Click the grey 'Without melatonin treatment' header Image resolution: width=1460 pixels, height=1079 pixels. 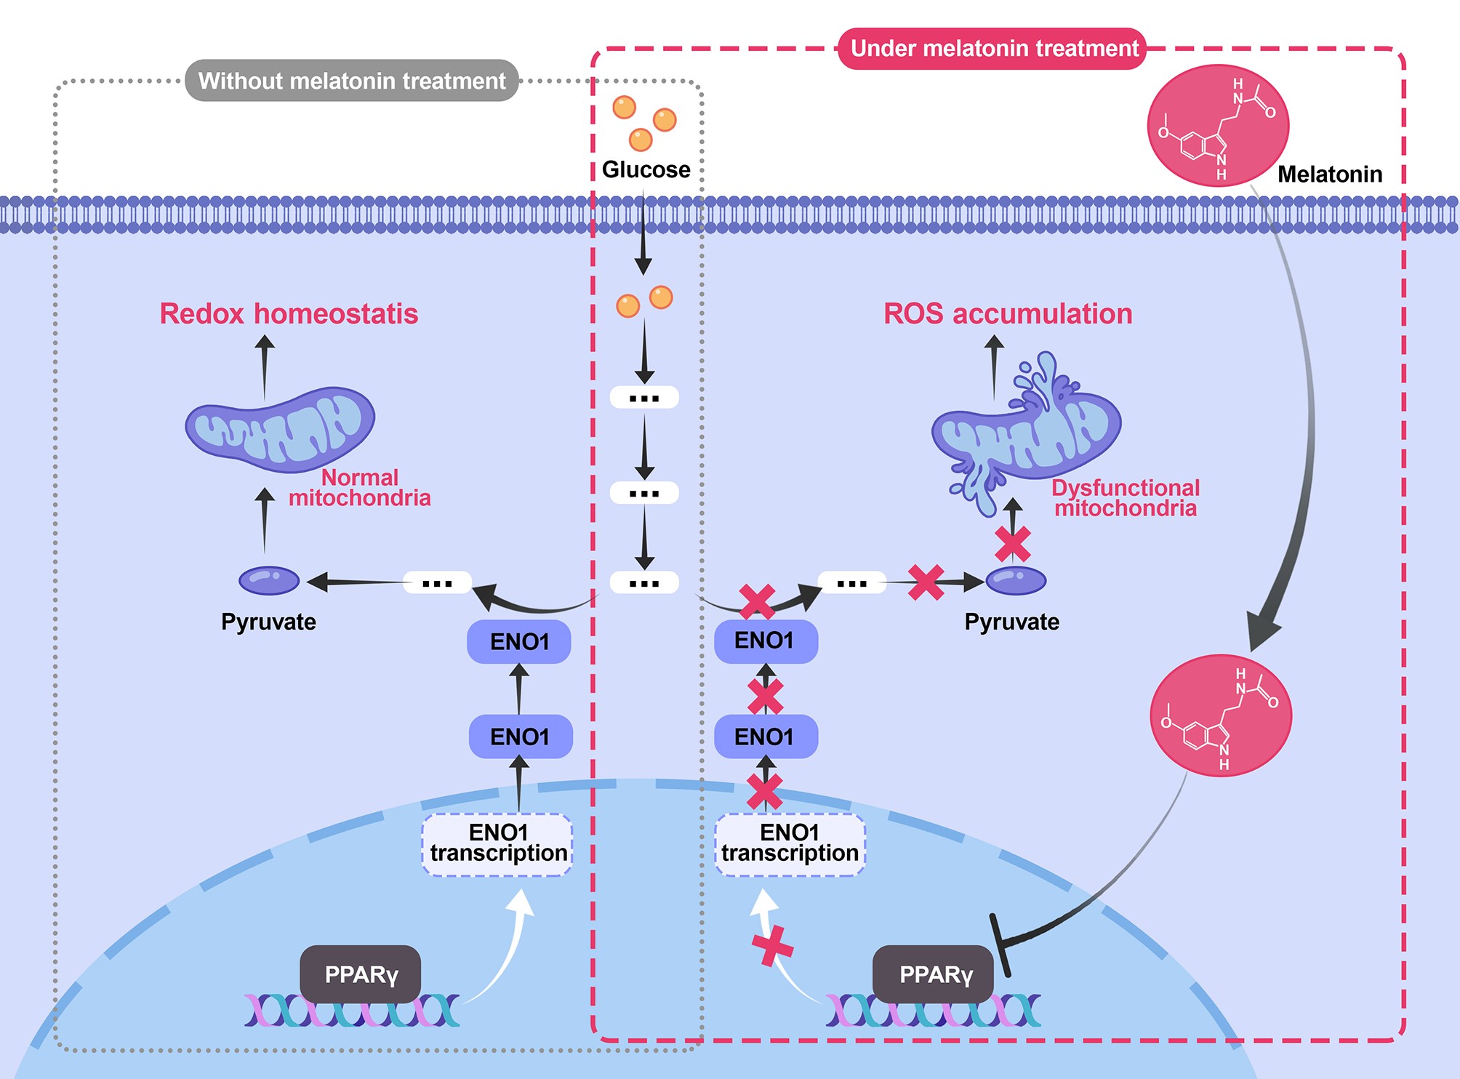coord(352,80)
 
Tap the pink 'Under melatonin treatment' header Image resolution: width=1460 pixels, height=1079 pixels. coord(993,49)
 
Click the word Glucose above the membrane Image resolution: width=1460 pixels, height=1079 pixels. coord(646,169)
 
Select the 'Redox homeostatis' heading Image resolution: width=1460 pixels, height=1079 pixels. coord(289,313)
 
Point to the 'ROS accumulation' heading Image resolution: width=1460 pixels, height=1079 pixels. coord(1008,313)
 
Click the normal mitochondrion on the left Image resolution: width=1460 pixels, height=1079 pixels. coord(281,429)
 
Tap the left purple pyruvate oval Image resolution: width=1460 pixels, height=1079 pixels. coord(269,580)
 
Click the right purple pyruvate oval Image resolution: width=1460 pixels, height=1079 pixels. coord(1016,580)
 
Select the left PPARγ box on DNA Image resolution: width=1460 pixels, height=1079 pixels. coord(361,974)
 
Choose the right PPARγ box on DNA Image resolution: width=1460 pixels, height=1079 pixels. coord(934,974)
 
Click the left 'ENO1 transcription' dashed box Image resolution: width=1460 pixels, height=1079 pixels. coord(498,844)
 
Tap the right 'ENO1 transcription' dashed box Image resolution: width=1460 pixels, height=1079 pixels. coord(790,844)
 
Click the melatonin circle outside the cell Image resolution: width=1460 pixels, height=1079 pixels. coord(1218,125)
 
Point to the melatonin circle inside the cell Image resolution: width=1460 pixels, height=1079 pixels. coord(1221,715)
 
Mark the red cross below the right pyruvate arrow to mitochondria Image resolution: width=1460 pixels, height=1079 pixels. coord(1013,544)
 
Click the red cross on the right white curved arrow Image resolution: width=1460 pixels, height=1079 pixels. coord(772,945)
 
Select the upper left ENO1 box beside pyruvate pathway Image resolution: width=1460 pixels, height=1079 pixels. coord(519,641)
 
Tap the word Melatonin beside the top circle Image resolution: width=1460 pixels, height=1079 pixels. coord(1330,175)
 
